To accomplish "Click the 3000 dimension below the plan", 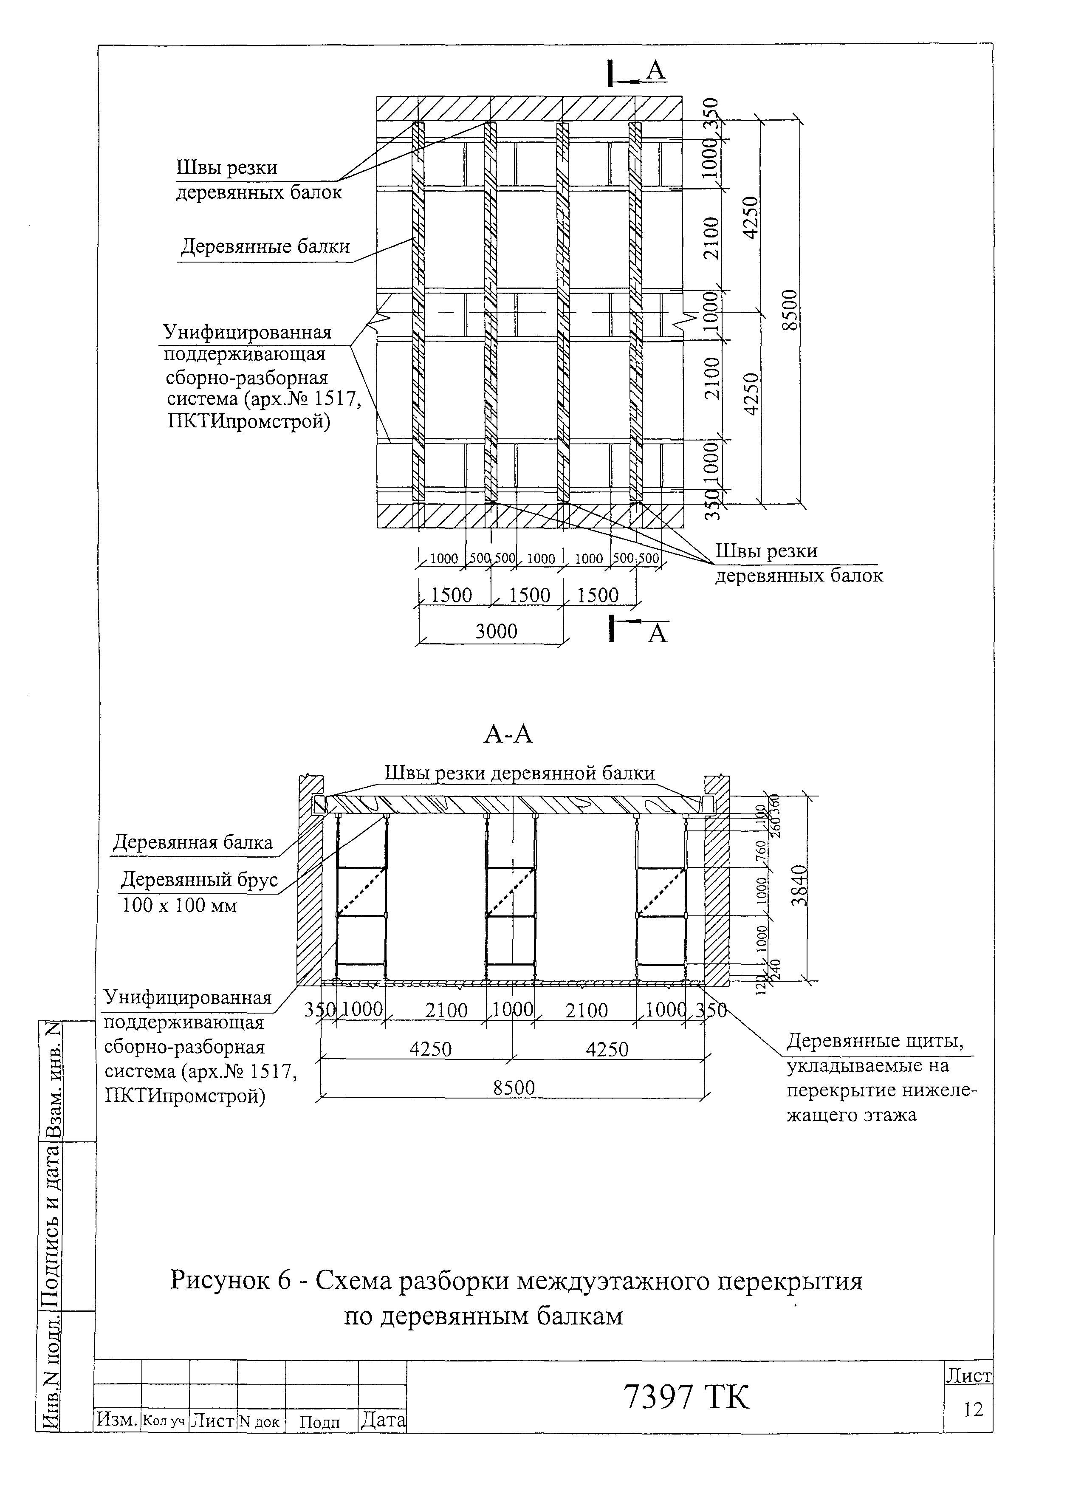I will pos(496,631).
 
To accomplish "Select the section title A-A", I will pos(508,734).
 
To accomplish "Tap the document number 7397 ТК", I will pos(686,1397).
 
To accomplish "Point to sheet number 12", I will pos(973,1409).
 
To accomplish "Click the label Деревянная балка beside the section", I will pos(192,843).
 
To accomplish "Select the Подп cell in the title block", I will pos(320,1423).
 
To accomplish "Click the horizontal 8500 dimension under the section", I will pos(514,1087).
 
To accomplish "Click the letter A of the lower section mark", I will pos(658,634).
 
